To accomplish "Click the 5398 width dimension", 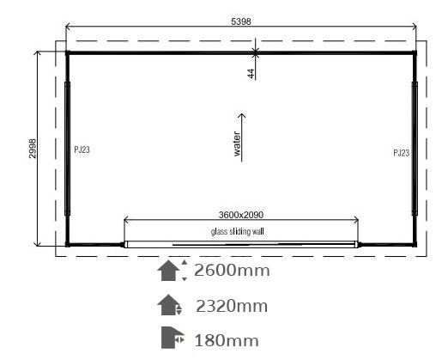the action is [x=241, y=21].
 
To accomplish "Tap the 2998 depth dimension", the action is [x=33, y=149].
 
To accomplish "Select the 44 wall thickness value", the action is [x=251, y=74].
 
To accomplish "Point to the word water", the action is [x=237, y=143].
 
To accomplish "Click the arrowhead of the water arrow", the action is [x=242, y=115].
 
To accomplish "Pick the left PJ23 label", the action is [x=82, y=149].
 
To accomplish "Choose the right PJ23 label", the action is [x=402, y=153].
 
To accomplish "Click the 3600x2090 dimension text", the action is [x=241, y=215].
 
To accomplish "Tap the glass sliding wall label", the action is [x=238, y=231].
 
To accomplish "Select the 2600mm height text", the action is [x=232, y=271].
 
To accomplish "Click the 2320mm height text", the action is [x=232, y=306].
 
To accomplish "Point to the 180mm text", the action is [x=227, y=341].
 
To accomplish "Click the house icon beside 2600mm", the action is [x=169, y=271].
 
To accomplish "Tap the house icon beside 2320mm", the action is [x=169, y=305].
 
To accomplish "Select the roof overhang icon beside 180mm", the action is [x=173, y=338].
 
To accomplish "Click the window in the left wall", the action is [x=68, y=149].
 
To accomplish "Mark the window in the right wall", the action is [x=415, y=149].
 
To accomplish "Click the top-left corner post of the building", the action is [x=68, y=53].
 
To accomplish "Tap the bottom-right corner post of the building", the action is [x=415, y=244].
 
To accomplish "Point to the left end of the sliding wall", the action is [x=125, y=244].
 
